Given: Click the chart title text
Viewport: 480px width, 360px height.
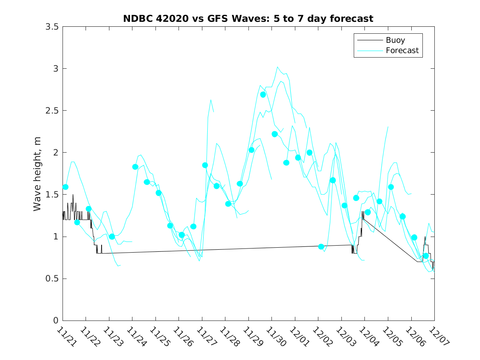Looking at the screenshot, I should (x=248, y=19).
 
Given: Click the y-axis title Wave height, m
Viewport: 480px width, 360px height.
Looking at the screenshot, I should (x=37, y=173).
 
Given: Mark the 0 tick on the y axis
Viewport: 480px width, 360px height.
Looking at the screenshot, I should (x=55, y=321).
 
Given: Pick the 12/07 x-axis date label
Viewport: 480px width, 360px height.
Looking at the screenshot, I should (x=436, y=336).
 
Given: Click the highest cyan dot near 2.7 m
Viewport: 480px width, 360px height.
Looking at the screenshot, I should (x=263, y=95).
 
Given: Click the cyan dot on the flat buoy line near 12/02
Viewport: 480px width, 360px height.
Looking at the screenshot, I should (x=321, y=247).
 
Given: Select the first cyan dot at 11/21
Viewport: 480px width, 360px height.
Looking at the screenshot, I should (x=65, y=187).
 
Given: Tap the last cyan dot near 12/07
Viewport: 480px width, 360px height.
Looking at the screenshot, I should (x=426, y=256).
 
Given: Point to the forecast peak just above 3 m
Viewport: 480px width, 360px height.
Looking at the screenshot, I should (x=278, y=67).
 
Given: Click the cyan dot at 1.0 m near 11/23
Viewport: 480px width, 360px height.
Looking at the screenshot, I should (x=112, y=237).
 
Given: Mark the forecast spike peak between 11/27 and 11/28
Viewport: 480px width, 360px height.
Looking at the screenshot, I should (x=211, y=100).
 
